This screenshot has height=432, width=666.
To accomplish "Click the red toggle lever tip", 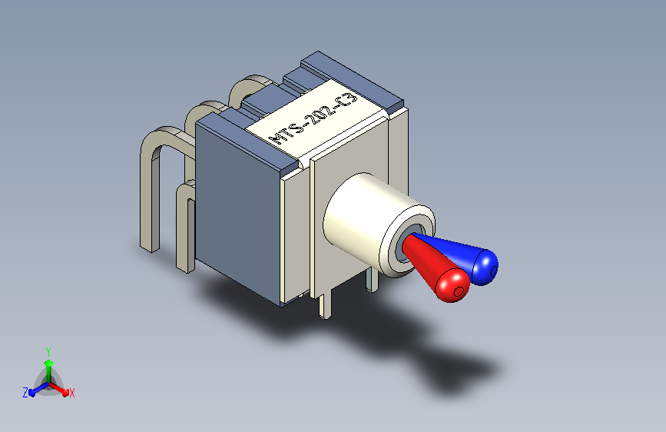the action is point(453,285).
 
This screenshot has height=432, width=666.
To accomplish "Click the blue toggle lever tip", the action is point(484,267).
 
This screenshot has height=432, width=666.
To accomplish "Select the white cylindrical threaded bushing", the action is point(374,221).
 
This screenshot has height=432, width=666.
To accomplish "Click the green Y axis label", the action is point(48,352).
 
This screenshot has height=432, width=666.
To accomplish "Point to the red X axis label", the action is point(71,394).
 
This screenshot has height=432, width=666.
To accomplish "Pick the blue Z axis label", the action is point(25,393).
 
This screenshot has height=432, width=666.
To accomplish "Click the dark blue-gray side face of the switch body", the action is point(238,211).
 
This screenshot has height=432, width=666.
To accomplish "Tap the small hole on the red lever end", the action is point(459,291).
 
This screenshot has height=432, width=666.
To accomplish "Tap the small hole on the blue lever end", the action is point(494,271).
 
